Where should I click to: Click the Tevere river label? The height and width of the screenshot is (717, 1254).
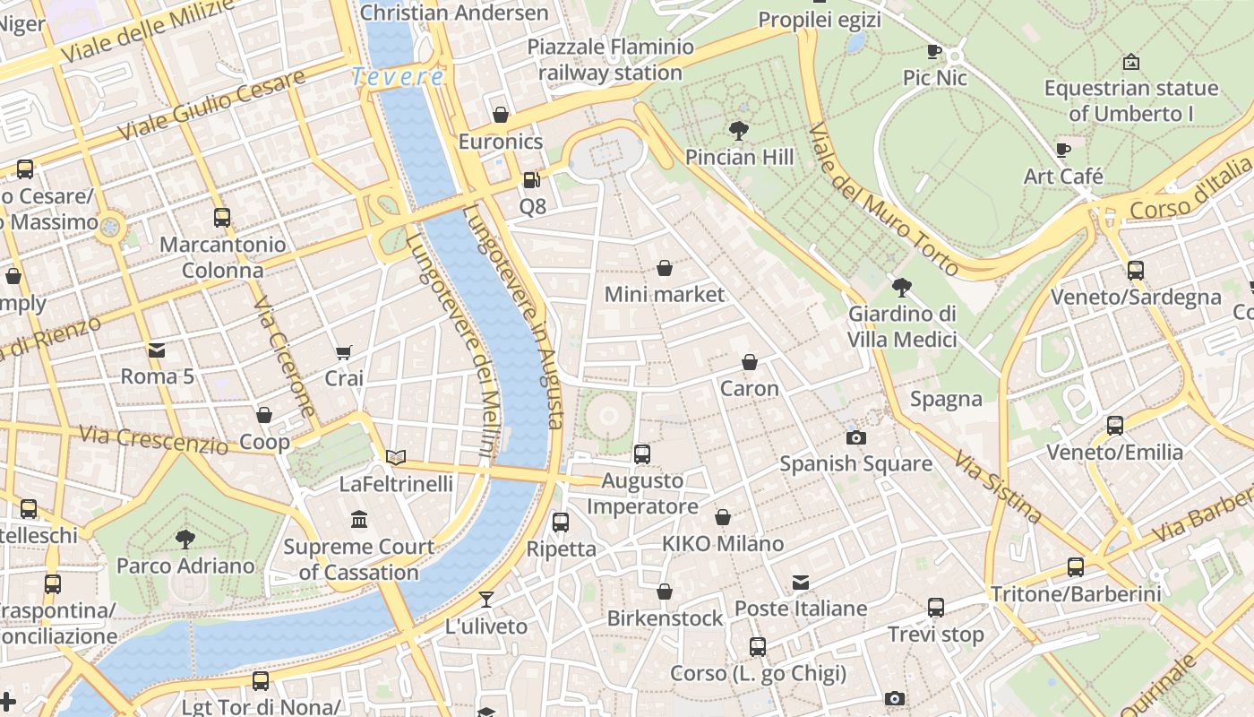click(x=398, y=77)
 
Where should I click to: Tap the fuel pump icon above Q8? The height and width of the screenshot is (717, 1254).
click(x=532, y=180)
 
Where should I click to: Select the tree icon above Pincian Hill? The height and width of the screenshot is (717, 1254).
click(x=739, y=131)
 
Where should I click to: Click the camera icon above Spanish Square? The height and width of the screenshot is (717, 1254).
click(x=856, y=437)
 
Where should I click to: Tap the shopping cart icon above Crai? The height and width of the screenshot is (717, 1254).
click(x=344, y=352)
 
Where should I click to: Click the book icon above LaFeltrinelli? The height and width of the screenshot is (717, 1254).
click(x=396, y=457)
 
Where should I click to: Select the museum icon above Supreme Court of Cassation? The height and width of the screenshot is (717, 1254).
click(x=359, y=520)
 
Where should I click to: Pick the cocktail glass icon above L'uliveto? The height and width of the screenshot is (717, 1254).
click(x=486, y=600)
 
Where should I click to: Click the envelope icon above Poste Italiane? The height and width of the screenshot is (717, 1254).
click(x=801, y=583)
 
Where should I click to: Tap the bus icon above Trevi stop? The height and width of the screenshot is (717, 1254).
click(x=936, y=608)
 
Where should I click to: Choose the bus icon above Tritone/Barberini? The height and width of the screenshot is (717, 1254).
click(x=1076, y=566)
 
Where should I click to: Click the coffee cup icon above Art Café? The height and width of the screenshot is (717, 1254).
click(x=1063, y=150)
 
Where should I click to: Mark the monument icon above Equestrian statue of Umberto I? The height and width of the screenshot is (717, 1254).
click(x=1131, y=62)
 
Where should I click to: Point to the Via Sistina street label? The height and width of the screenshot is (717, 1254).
click(x=998, y=487)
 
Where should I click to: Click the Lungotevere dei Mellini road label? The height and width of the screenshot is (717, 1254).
click(x=451, y=345)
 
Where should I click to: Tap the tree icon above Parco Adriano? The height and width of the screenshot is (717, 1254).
click(x=185, y=539)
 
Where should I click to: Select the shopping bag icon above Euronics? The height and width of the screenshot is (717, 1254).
click(x=501, y=115)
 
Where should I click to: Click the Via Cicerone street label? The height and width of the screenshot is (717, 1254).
click(x=285, y=357)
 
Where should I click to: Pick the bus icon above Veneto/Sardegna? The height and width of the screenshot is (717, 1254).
click(x=1136, y=270)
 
